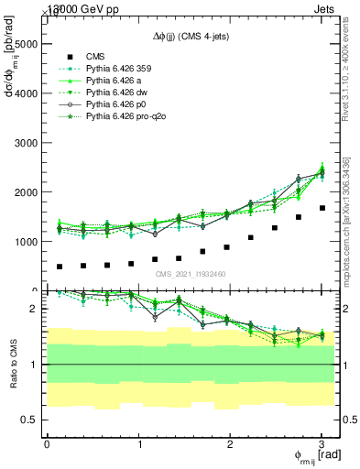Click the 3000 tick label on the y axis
(26, 143)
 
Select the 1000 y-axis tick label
(26, 242)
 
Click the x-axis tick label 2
(231, 444)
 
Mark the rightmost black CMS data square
(322, 208)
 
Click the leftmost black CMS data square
(60, 267)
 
